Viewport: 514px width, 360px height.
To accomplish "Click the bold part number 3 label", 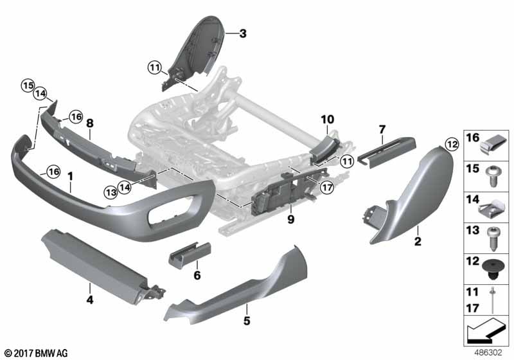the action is point(243,33).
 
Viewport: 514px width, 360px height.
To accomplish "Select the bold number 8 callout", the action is point(89,123).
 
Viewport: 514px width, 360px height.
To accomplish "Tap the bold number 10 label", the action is point(328,120).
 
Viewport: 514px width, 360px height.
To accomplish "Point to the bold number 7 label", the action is point(382,129).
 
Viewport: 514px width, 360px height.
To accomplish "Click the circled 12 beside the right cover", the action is point(452,144).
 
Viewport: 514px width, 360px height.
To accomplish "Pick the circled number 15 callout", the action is point(28,85).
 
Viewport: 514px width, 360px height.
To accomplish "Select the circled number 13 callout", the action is point(111,192).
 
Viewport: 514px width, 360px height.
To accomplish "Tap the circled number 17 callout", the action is point(327,188).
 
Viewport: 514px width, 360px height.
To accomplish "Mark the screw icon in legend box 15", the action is point(492,176).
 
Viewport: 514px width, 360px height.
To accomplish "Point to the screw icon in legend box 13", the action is point(493,239).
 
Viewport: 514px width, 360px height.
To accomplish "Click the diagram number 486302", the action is point(488,352).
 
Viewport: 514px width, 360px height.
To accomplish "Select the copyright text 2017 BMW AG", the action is point(36,353).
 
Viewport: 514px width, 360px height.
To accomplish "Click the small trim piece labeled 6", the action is point(190,255).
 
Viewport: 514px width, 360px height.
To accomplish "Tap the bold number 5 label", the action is point(247,320).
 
